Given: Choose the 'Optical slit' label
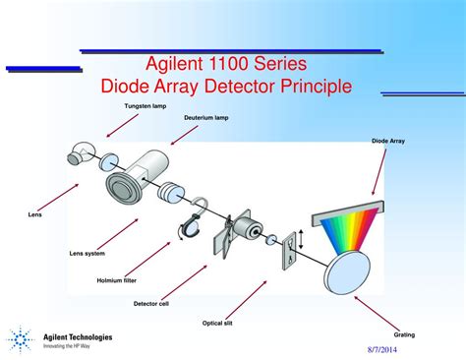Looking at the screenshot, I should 223,321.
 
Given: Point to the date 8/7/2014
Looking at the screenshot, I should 412,347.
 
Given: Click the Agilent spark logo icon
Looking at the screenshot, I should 20,340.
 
